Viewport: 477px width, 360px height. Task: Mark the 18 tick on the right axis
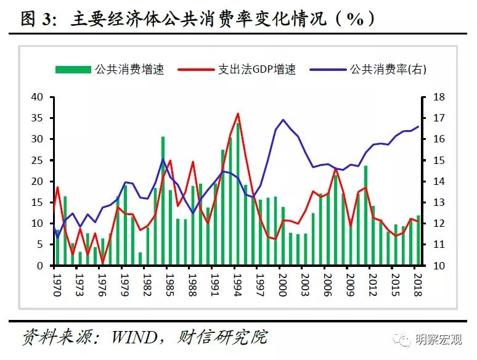(x=439, y=97)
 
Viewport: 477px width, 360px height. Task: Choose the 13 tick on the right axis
(x=439, y=203)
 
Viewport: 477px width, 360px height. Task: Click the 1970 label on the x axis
(x=56, y=285)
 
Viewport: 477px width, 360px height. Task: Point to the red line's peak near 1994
(x=238, y=113)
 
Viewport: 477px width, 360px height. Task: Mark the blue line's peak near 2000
(x=283, y=120)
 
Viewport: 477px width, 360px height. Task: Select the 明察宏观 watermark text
(x=438, y=339)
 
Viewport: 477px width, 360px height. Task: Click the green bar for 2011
(x=366, y=216)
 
